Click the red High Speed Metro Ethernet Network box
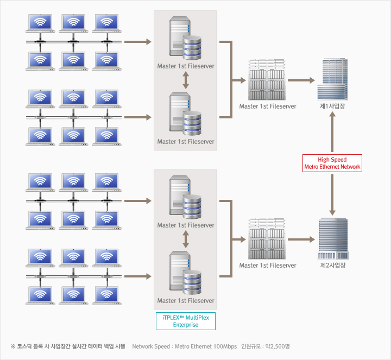coord(332,163)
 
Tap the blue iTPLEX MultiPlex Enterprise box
coord(186,320)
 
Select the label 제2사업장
coord(333,266)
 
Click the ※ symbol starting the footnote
coord(13,346)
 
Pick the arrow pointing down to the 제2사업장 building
coord(332,195)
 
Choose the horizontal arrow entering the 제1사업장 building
coord(301,80)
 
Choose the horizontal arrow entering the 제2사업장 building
coord(301,239)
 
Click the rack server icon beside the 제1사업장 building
coord(267,79)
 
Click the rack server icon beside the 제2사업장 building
coord(267,239)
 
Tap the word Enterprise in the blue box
coord(186,325)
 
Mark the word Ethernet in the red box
coord(334,167)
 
